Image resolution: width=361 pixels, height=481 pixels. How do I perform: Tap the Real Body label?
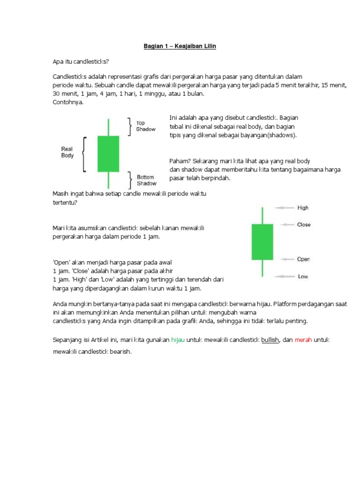coord(67,152)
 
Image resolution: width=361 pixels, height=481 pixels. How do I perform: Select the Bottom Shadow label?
coord(146,180)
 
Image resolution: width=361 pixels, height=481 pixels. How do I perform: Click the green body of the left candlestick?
coord(108,154)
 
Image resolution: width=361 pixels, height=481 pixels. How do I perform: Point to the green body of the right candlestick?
coord(262,242)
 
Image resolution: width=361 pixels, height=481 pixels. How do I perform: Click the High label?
coord(303,208)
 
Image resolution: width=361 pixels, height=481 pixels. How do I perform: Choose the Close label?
coord(304,225)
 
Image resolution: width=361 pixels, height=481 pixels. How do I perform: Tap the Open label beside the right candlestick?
coord(303,259)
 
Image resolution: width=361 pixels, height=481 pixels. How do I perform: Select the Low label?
coord(303,277)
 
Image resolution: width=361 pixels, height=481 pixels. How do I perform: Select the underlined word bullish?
coord(270,339)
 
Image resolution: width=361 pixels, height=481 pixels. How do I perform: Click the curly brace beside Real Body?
coord(84,154)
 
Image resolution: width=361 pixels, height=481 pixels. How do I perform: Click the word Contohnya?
coord(68,102)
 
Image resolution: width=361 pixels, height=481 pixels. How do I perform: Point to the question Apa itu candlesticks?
coord(80,62)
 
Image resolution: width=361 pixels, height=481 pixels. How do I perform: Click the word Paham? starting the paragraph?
coord(179,161)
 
